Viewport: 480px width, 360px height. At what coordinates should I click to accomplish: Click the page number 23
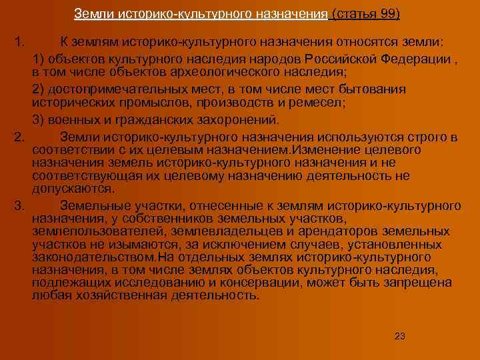(400, 335)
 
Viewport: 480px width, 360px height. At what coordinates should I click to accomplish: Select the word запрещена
(415, 283)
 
